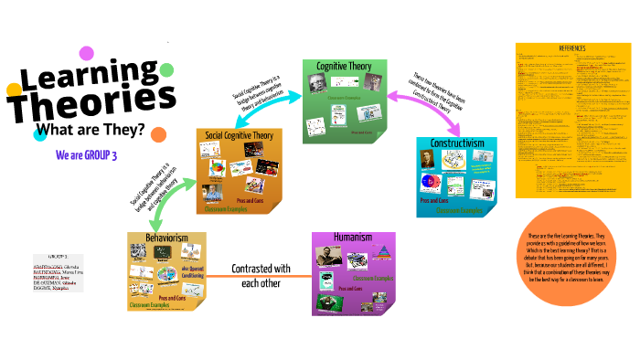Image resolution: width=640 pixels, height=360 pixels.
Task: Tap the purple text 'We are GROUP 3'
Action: click(86, 155)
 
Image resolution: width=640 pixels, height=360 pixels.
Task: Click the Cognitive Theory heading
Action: click(343, 67)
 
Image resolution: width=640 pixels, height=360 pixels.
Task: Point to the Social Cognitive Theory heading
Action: click(237, 135)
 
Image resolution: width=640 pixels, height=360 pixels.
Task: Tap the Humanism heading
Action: click(352, 238)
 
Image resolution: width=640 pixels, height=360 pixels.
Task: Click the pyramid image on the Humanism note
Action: click(385, 259)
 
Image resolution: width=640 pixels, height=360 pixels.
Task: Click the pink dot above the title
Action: click(87, 53)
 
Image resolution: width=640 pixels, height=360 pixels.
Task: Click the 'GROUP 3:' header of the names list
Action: click(53, 259)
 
